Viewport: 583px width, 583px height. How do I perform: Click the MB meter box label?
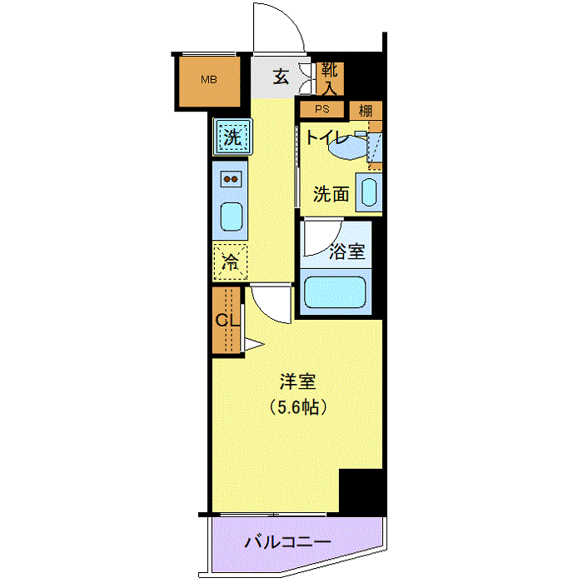(208, 80)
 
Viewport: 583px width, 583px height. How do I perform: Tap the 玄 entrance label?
(281, 77)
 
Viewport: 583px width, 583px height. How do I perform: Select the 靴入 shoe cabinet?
(330, 79)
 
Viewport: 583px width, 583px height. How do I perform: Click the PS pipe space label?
(322, 109)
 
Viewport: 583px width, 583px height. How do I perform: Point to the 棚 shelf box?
(366, 111)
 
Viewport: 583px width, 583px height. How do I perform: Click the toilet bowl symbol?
(347, 147)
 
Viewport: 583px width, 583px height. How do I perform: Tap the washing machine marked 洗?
(232, 137)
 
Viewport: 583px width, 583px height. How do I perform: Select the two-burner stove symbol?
(231, 179)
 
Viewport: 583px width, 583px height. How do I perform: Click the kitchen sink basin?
(232, 217)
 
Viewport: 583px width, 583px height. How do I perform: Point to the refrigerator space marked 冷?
(230, 262)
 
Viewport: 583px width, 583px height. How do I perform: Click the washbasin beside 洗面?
(369, 192)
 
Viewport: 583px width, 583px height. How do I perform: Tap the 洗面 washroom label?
(331, 194)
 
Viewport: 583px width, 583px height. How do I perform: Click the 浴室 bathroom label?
(347, 252)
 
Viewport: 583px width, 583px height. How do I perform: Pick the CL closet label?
(227, 319)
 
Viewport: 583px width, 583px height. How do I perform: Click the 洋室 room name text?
(297, 381)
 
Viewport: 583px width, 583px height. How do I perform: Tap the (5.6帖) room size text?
(298, 407)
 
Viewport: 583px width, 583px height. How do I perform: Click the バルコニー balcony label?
(288, 542)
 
